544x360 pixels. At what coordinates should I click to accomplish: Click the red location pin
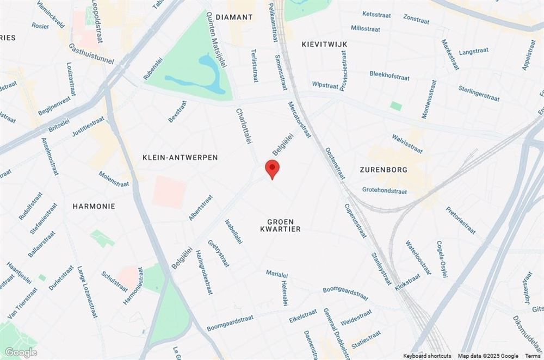272,168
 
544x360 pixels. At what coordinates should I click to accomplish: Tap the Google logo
21,352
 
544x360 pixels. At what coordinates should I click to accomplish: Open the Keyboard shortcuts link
427,356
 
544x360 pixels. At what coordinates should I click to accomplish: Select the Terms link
533,356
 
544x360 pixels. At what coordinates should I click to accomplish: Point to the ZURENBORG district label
384,170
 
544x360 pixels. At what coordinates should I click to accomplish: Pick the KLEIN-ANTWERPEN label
180,157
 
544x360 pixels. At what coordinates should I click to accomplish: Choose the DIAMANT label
234,17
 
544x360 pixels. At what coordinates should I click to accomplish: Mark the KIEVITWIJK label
324,44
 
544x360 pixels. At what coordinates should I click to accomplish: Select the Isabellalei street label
233,231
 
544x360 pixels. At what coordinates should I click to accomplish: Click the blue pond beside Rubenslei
207,76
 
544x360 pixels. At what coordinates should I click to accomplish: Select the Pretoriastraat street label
460,220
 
